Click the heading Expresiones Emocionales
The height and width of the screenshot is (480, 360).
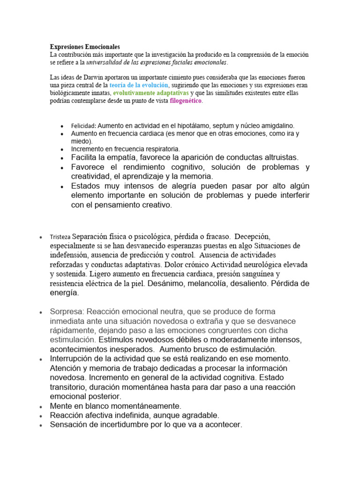85,47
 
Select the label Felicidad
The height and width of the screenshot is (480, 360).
83,126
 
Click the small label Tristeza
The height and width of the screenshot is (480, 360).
60,237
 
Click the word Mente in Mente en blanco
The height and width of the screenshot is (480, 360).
61,406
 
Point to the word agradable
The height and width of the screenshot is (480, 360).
201,415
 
